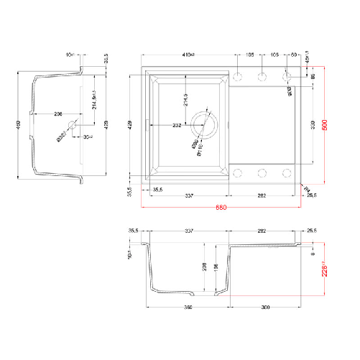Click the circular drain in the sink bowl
204,125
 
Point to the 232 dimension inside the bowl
177,125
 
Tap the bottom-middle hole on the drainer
262,172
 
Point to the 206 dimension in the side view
57,114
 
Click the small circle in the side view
71,126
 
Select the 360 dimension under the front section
189,307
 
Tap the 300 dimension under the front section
266,307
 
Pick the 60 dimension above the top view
295,54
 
